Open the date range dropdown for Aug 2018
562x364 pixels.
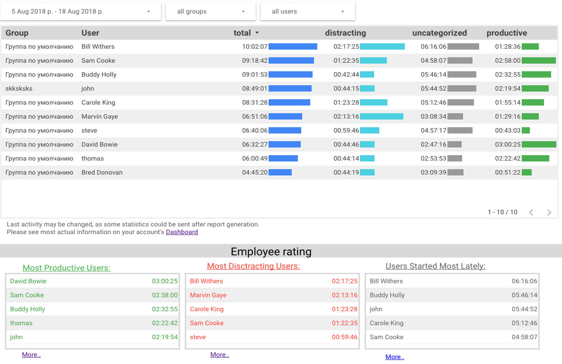80,12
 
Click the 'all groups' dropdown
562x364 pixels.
210,12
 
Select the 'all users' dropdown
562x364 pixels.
307,12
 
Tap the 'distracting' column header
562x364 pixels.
345,33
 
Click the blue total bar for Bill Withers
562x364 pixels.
292,46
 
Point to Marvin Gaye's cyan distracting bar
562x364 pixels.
381,116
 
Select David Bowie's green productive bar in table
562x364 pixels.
539,144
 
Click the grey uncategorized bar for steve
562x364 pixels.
460,130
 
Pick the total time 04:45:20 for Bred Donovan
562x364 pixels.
255,172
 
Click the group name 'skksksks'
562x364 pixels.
19,88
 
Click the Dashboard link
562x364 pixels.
182,232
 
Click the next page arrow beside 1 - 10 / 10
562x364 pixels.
549,212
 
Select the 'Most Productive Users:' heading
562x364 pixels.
66,268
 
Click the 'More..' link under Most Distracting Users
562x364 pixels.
219,355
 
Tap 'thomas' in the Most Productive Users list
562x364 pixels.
21,323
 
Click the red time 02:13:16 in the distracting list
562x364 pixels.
344,295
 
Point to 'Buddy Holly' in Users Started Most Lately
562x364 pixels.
387,295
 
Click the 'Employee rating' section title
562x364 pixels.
271,252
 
